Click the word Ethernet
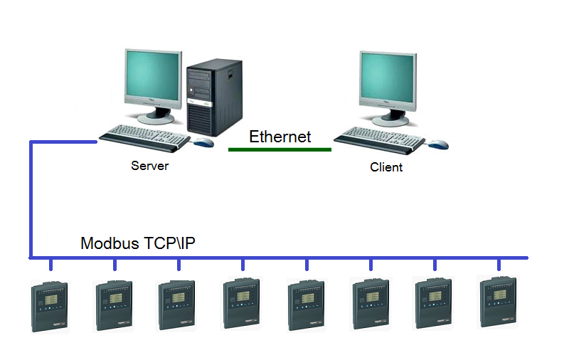[x=280, y=137]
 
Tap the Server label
[x=149, y=166]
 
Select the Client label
[x=386, y=167]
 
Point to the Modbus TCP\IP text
[x=138, y=243]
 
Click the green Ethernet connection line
[x=280, y=149]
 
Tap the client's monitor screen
[x=387, y=78]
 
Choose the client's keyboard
[x=380, y=136]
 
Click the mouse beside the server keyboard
[x=204, y=142]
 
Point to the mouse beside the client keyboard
[x=438, y=144]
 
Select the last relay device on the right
[x=498, y=302]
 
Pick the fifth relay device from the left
[x=307, y=305]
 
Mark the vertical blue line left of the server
[x=31, y=199]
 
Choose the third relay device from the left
[x=177, y=305]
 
